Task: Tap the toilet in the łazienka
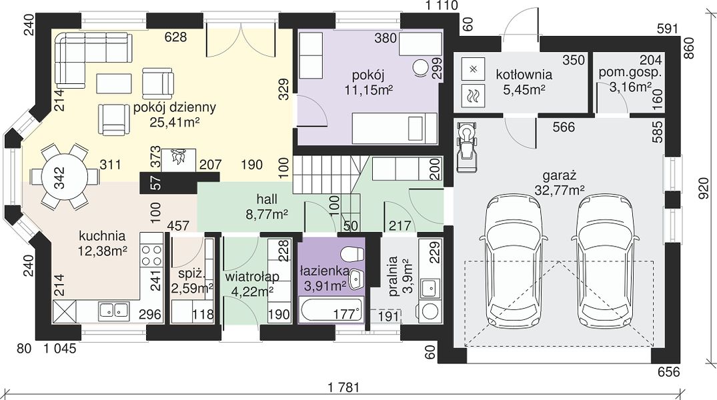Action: pyautogui.click(x=353, y=255)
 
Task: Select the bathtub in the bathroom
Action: pyautogui.click(x=331, y=309)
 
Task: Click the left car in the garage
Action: pyautogui.click(x=514, y=261)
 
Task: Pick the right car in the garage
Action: pyautogui.click(x=606, y=261)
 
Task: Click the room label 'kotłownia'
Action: pyautogui.click(x=524, y=74)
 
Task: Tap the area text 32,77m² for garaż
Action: pyautogui.click(x=560, y=190)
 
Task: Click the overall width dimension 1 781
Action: pyautogui.click(x=344, y=387)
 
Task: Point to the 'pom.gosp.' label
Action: pyautogui.click(x=630, y=72)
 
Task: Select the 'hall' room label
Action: pyautogui.click(x=267, y=199)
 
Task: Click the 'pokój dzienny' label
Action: pyautogui.click(x=175, y=108)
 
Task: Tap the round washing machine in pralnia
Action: pyautogui.click(x=430, y=311)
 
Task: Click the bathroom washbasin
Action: pyautogui.click(x=355, y=277)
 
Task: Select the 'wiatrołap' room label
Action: pyautogui.click(x=252, y=277)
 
